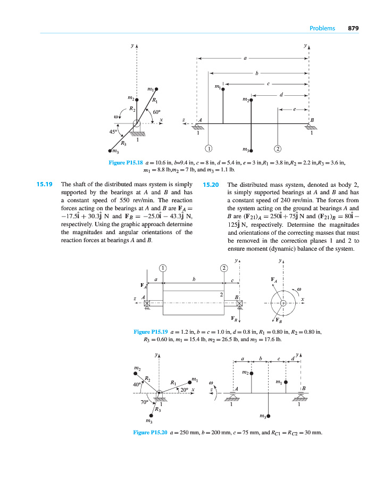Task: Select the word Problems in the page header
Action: point(322,28)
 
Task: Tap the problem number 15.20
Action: point(211,185)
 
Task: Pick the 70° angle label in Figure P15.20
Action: point(144,402)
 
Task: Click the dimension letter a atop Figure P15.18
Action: point(245,57)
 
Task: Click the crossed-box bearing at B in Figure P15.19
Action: point(239,303)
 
